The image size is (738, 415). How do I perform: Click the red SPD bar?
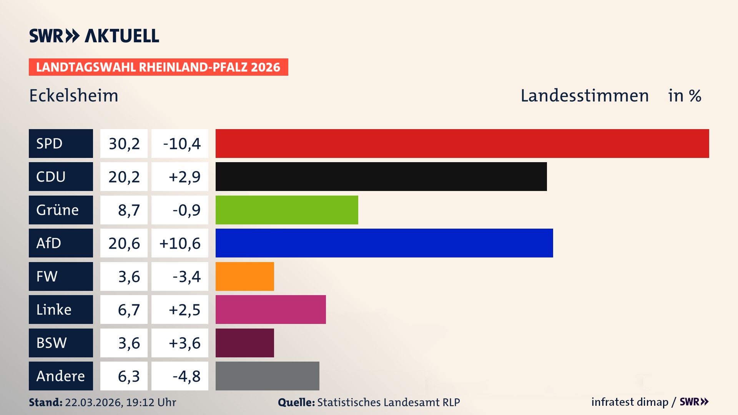[462, 143]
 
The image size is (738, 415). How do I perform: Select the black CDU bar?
[381, 176]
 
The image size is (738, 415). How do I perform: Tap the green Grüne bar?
[287, 210]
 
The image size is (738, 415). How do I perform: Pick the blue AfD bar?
[384, 243]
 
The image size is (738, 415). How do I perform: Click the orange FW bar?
[244, 276]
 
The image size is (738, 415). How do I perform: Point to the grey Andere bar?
[267, 376]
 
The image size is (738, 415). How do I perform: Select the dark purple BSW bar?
[244, 343]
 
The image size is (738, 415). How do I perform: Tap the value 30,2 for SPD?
[124, 143]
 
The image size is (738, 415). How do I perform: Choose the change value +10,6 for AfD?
[180, 243]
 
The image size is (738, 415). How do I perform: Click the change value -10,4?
[181, 143]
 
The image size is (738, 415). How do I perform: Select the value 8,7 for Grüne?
[128, 210]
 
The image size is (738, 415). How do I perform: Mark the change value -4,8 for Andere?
[186, 376]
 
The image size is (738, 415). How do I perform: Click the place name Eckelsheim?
[74, 95]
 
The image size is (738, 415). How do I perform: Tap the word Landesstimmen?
[584, 95]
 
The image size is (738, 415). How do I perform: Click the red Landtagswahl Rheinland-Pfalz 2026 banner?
[158, 67]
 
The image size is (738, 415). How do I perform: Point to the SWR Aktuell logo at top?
[94, 36]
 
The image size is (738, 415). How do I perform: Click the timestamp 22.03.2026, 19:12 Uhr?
[120, 402]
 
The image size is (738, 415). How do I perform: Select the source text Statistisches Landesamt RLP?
[388, 402]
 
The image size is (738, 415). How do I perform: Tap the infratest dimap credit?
[629, 402]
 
